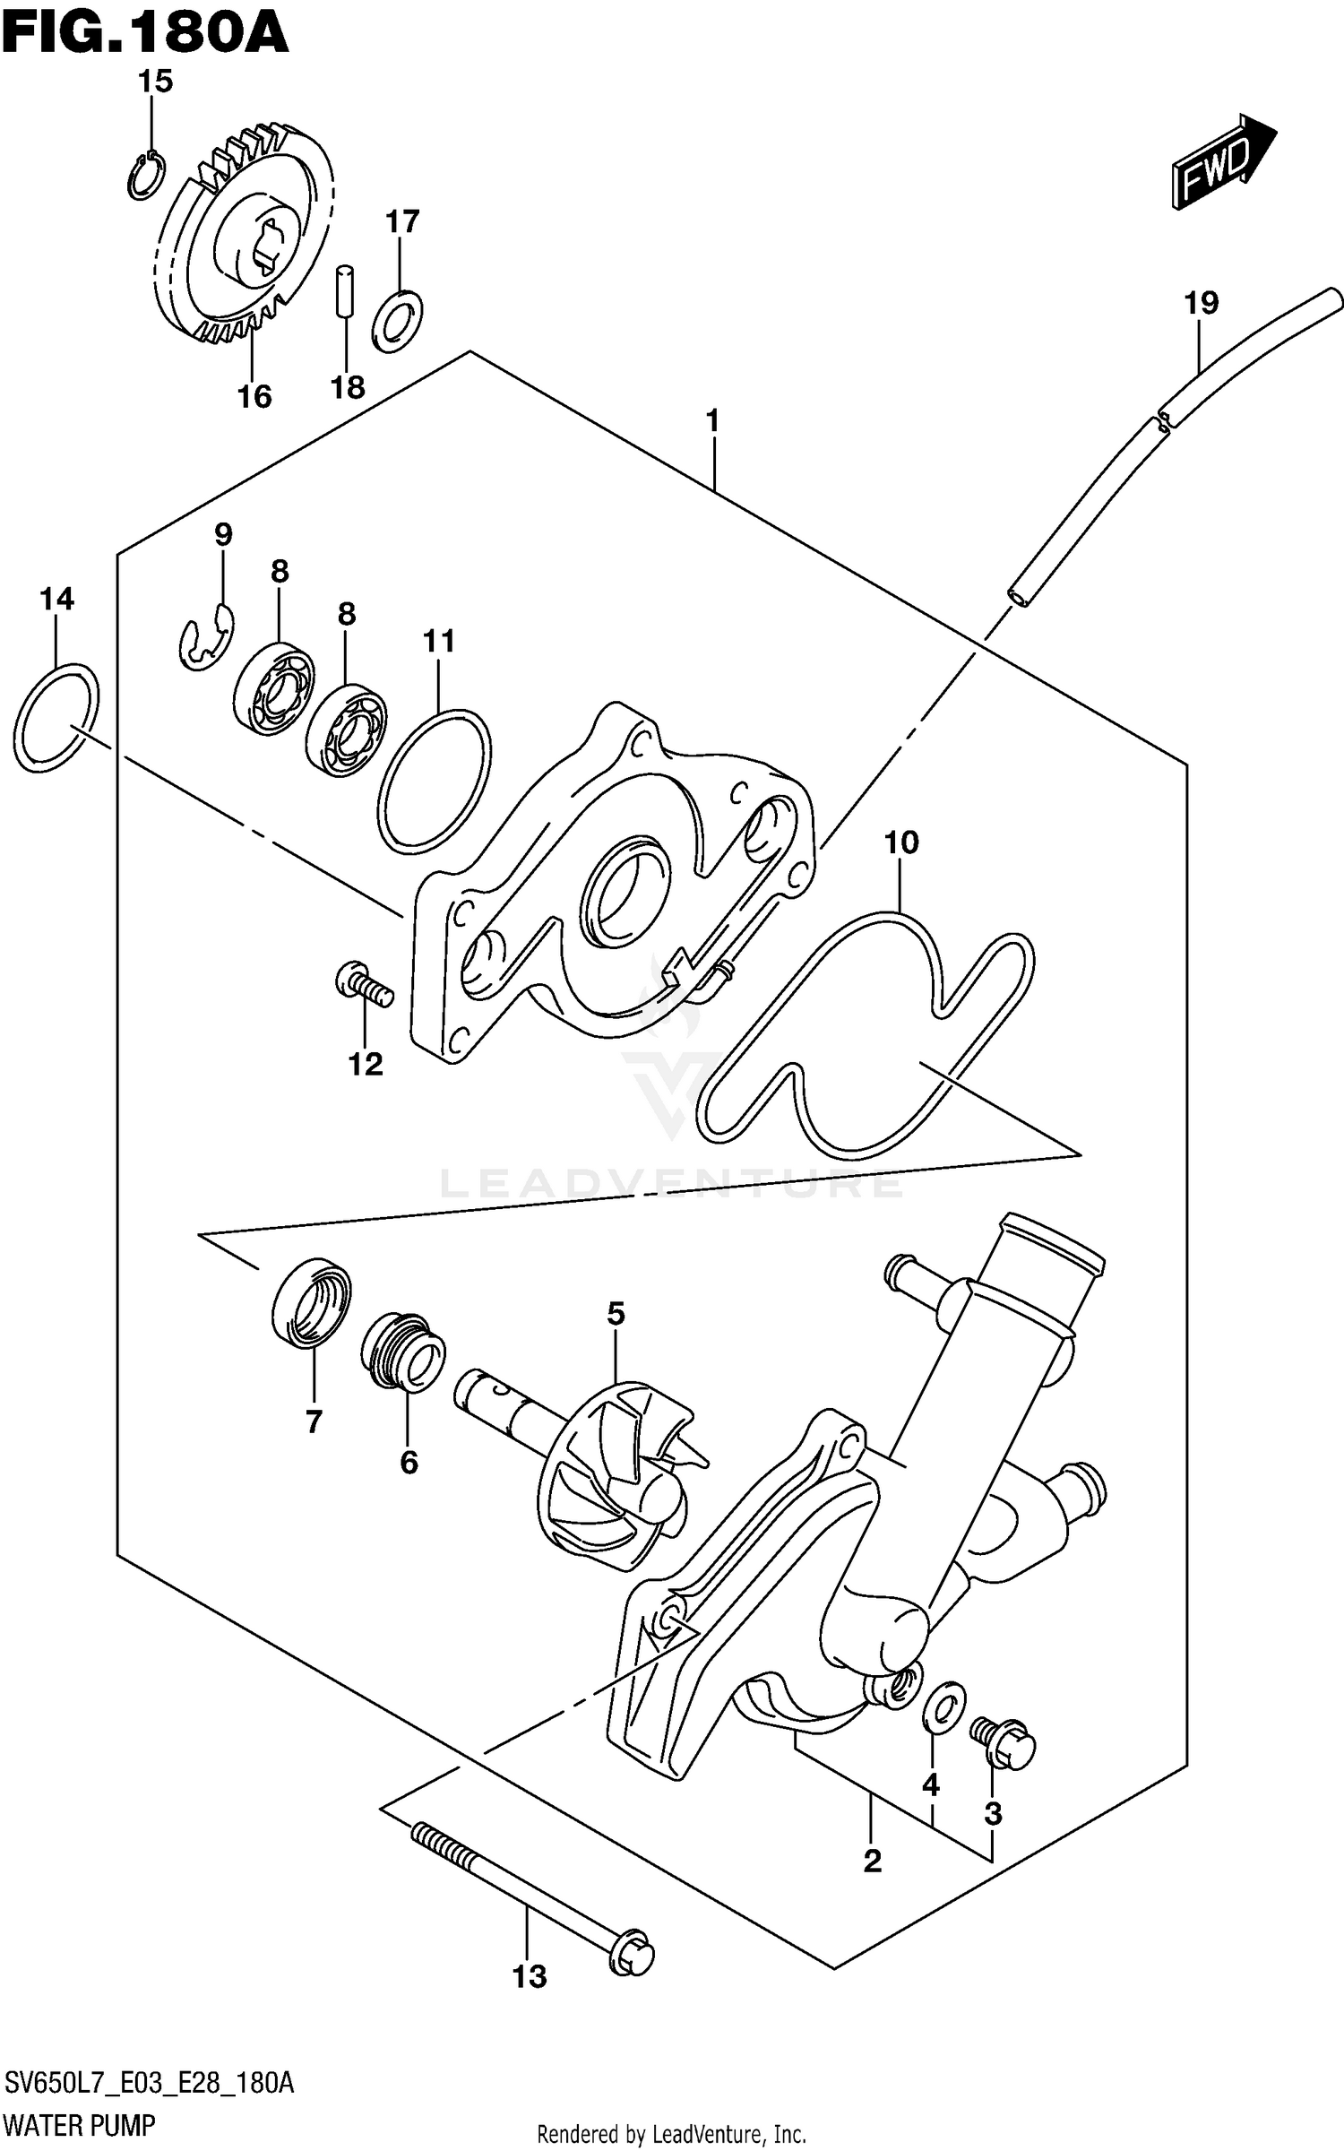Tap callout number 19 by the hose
click(x=1202, y=304)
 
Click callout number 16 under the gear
click(x=254, y=395)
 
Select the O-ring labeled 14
click(x=56, y=717)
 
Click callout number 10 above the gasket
click(x=901, y=842)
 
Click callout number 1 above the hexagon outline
click(x=712, y=419)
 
